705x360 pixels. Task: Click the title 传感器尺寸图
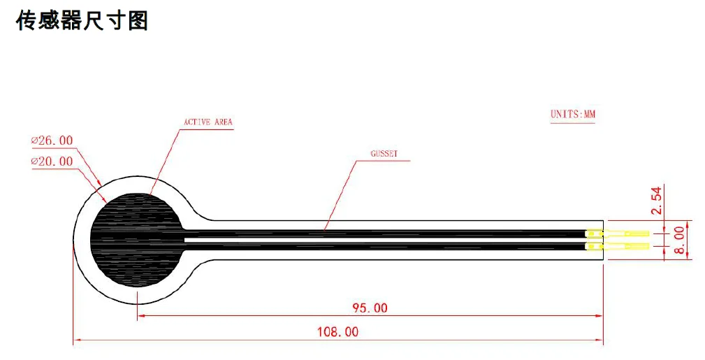(82, 21)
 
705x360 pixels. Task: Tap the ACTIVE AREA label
(208, 122)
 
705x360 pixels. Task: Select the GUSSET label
(384, 154)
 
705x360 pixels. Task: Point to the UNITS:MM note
(573, 115)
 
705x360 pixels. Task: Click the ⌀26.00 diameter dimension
(52, 141)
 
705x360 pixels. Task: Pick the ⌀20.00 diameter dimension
(52, 161)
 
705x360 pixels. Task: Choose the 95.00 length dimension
(370, 308)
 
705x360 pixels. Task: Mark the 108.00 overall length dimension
(338, 332)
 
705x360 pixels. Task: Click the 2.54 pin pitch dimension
(657, 200)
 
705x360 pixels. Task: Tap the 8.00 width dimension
(679, 240)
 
